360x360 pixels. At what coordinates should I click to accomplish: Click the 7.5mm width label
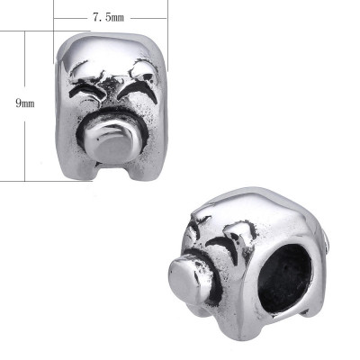coord(111,17)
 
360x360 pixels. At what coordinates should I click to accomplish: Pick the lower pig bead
coord(247,270)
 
